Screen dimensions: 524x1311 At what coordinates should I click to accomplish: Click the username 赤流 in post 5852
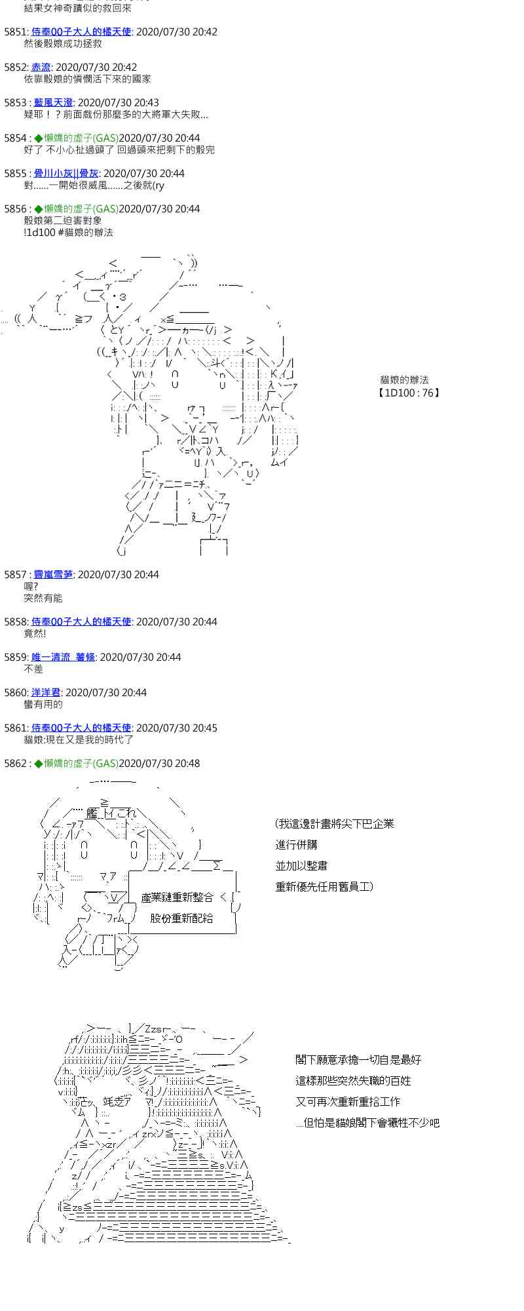click(x=41, y=68)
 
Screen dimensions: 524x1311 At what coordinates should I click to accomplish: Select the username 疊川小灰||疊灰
click(x=66, y=174)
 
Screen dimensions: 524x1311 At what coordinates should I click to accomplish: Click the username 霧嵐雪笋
click(x=53, y=575)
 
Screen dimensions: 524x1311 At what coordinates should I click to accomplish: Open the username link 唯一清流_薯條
click(x=63, y=657)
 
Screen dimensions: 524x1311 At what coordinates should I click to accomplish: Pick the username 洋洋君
click(x=46, y=693)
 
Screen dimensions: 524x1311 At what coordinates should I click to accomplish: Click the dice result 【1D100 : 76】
click(x=409, y=393)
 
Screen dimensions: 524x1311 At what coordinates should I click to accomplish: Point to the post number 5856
click(x=15, y=209)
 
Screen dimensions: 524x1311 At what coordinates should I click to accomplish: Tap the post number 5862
click(x=15, y=764)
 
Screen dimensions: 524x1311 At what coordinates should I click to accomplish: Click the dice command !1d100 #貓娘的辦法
click(x=68, y=233)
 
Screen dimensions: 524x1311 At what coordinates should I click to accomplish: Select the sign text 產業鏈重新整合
click(x=178, y=897)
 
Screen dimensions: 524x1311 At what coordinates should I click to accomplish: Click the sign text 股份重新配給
click(x=181, y=918)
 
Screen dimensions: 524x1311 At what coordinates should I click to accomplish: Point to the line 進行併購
click(x=296, y=845)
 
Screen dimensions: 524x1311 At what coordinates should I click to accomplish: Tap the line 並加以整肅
click(x=301, y=866)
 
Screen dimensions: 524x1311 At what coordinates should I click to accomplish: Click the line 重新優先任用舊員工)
click(x=324, y=887)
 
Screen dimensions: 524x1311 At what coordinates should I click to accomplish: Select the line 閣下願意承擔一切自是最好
click(x=358, y=1060)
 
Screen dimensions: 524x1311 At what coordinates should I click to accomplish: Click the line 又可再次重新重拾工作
click(x=348, y=1102)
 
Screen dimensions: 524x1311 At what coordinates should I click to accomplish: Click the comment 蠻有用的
click(x=43, y=705)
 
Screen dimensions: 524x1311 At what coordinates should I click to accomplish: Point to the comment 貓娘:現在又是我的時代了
click(x=79, y=740)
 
